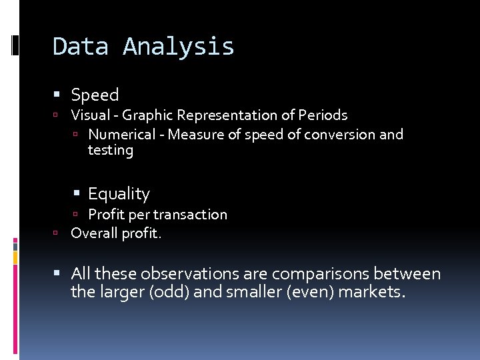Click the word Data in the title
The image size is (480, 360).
click(80, 47)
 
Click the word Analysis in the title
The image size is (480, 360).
click(178, 47)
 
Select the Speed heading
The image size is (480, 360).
click(95, 95)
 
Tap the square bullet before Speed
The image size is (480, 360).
click(62, 95)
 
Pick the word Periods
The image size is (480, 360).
click(323, 115)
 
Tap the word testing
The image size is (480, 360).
click(111, 151)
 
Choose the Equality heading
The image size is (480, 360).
click(119, 194)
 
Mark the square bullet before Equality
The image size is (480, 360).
click(79, 194)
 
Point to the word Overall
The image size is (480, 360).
click(93, 233)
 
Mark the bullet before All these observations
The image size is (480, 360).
click(62, 274)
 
